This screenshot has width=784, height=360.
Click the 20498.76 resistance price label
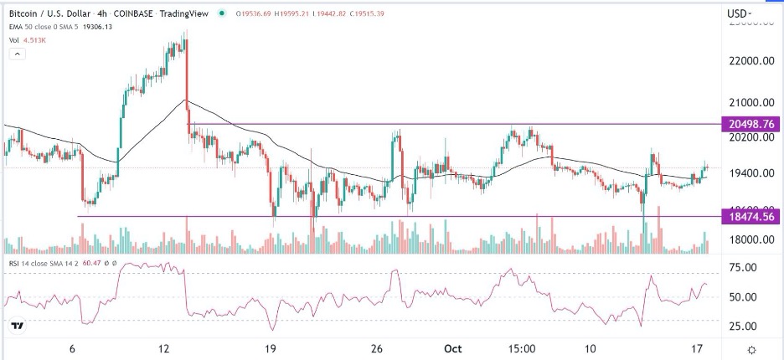[x=750, y=124]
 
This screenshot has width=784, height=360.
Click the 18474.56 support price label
[x=750, y=216]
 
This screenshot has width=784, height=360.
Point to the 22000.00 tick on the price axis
[x=749, y=61]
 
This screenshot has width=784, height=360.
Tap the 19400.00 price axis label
[x=749, y=172]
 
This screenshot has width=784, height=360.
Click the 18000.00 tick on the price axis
[x=749, y=240]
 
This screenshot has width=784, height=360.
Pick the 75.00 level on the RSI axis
[x=745, y=267]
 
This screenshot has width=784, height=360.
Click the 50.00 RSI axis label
[x=745, y=296]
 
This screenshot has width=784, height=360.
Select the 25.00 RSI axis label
[x=745, y=326]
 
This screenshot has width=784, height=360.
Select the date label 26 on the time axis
[x=378, y=348]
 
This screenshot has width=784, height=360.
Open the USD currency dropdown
[x=738, y=13]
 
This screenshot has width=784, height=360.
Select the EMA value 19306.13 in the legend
[x=99, y=26]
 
